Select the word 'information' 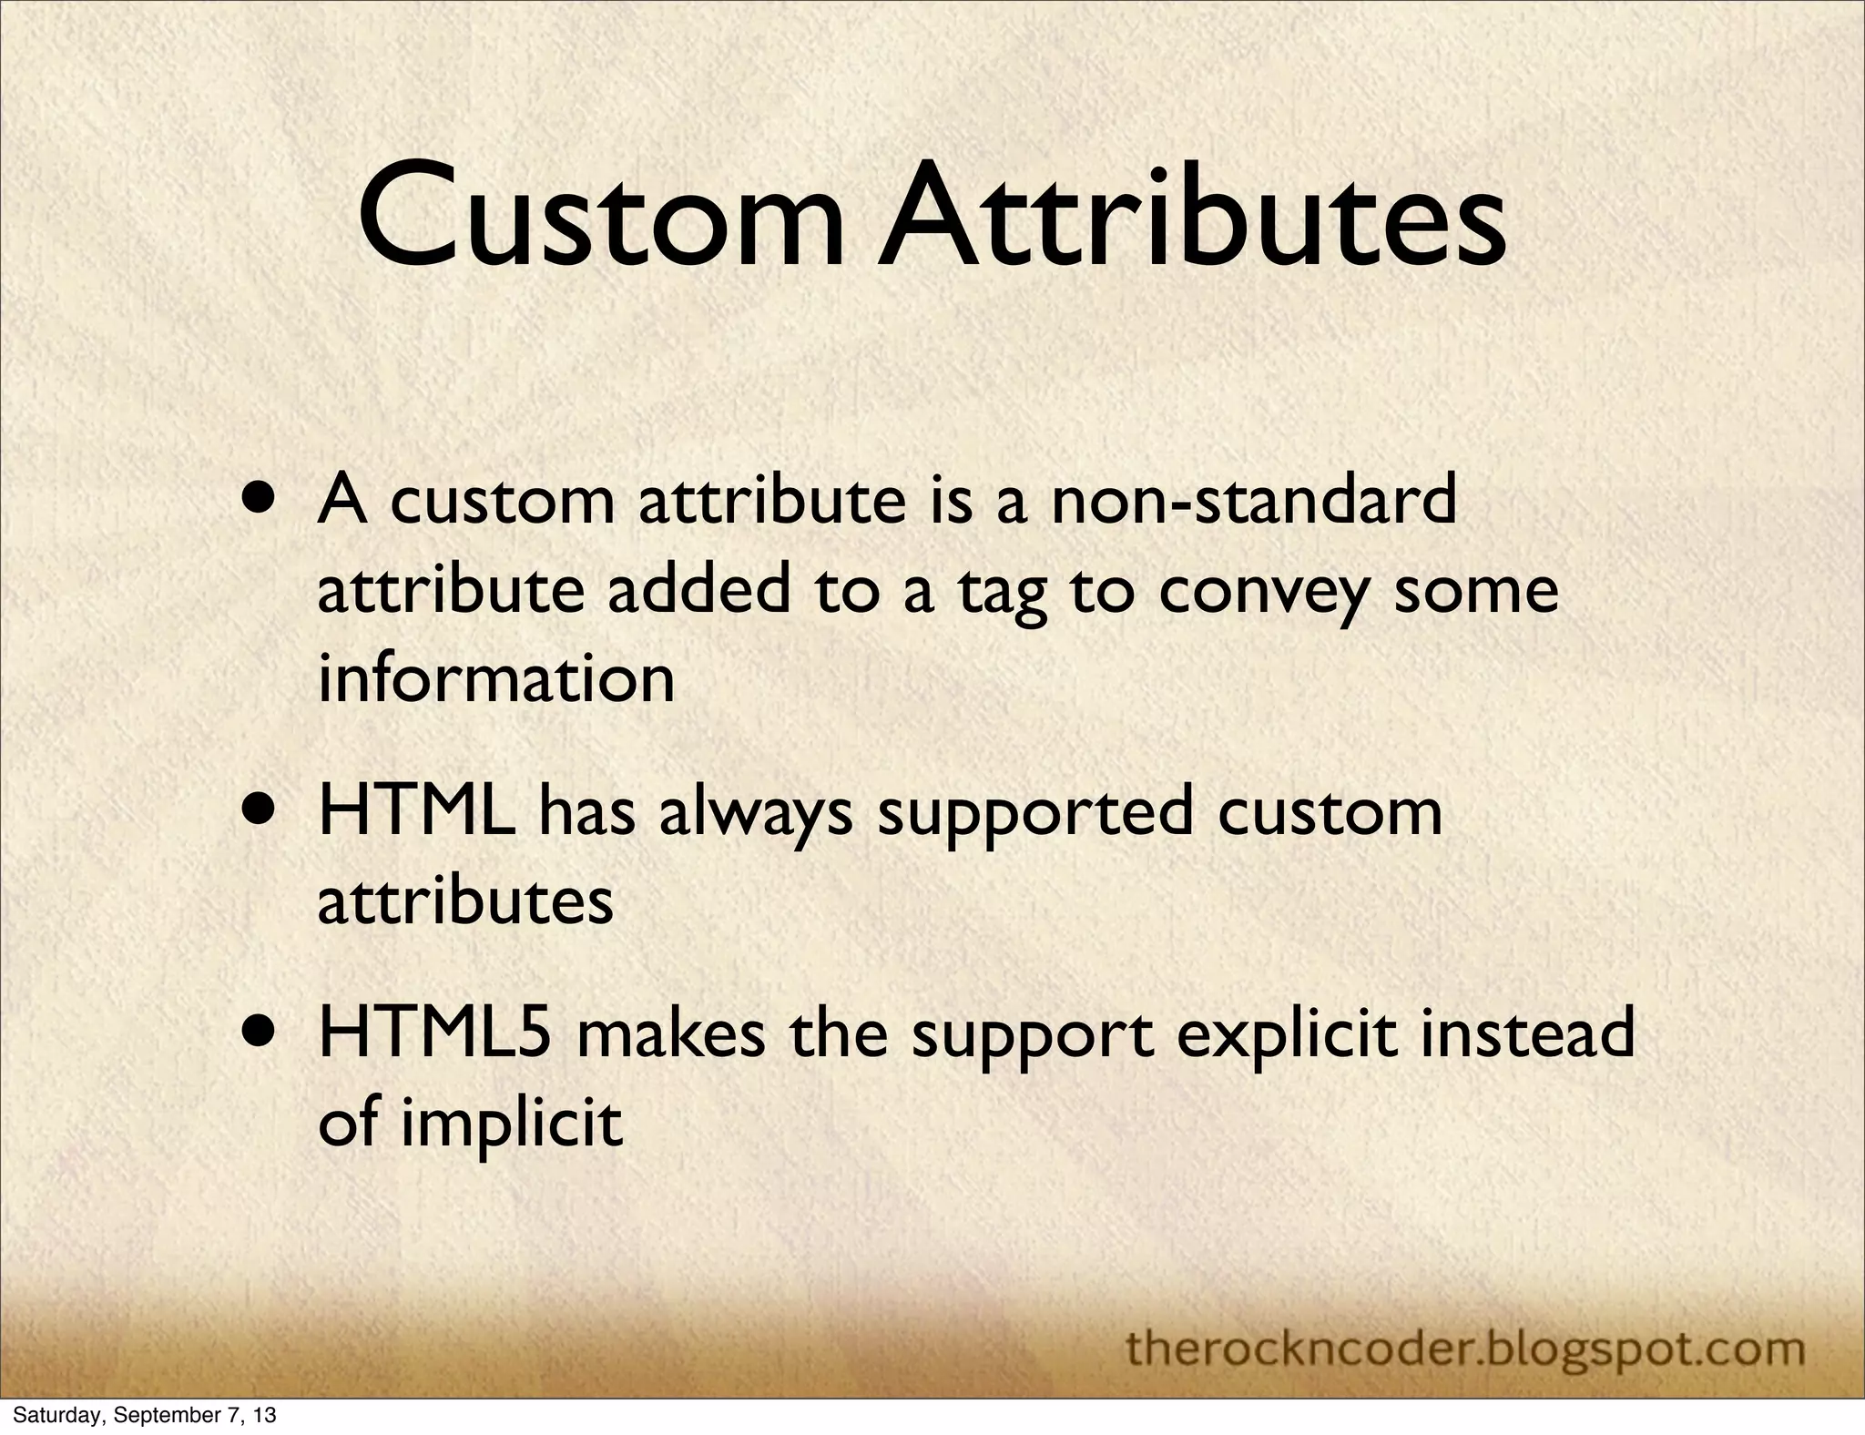click(x=496, y=677)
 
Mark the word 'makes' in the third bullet click(x=671, y=1033)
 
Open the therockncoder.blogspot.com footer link click(x=1465, y=1347)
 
